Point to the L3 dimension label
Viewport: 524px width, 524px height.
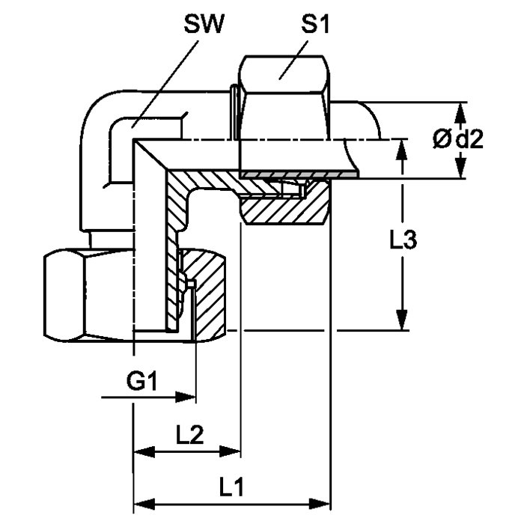[404, 241]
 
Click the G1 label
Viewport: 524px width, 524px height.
[140, 383]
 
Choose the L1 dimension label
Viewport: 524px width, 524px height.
[233, 487]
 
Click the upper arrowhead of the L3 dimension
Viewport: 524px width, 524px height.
[403, 147]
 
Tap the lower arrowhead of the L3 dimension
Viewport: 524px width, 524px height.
[403, 321]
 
